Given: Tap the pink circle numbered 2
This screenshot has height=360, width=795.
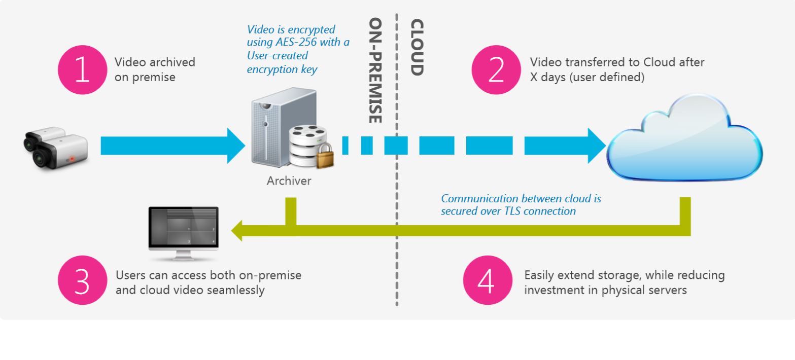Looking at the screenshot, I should click(x=496, y=70).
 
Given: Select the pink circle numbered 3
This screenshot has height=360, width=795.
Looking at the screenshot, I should click(x=82, y=281).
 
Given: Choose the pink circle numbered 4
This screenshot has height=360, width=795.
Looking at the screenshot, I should click(x=488, y=281).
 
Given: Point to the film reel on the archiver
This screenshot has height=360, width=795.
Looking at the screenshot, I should click(x=306, y=135).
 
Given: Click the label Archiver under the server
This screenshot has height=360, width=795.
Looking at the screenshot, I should click(x=289, y=181).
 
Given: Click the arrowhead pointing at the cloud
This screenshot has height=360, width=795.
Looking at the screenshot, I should click(x=597, y=146).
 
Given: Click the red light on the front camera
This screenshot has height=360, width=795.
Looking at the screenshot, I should click(x=72, y=159).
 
